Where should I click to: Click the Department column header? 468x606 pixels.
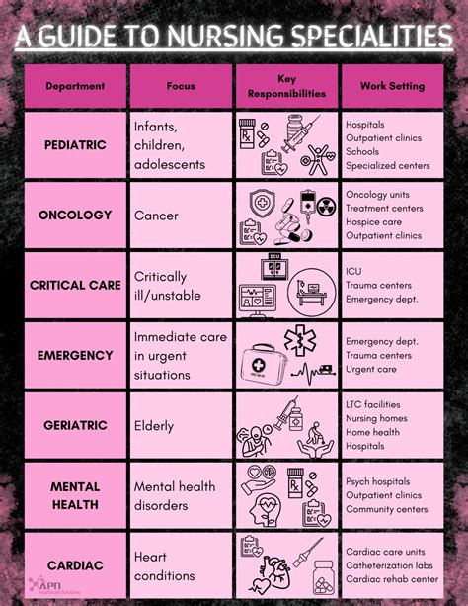click(75, 86)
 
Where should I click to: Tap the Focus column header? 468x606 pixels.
click(182, 86)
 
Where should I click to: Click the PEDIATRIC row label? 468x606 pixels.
click(75, 145)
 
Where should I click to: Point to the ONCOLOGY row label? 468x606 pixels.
click(75, 215)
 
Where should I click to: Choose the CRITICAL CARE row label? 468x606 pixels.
click(75, 285)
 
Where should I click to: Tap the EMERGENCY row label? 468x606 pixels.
click(75, 354)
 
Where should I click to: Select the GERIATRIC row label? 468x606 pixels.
click(75, 425)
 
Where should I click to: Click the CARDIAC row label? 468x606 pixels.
click(75, 564)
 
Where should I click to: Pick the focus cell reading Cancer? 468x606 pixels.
click(156, 215)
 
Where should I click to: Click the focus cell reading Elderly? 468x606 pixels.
click(154, 426)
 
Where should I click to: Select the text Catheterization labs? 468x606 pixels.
click(391, 565)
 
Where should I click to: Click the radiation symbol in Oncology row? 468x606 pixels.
click(326, 207)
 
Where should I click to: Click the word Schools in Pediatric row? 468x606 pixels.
click(363, 152)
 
